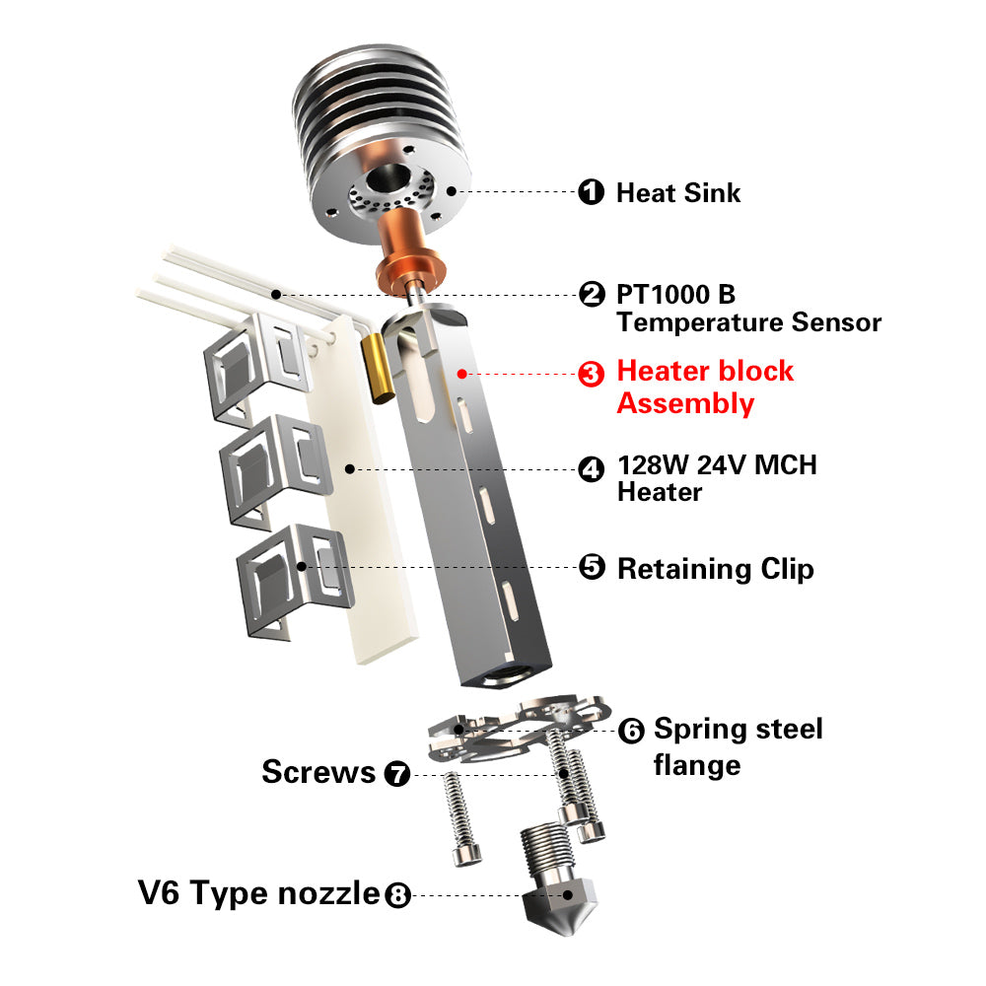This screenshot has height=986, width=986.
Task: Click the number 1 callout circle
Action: [591, 192]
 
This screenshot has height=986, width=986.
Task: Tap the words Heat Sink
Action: [678, 192]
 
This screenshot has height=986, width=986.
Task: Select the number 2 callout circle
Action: [591, 294]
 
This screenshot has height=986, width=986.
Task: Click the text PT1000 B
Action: [676, 294]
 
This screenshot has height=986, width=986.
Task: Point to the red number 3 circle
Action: [591, 374]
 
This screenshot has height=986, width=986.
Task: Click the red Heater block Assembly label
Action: [705, 387]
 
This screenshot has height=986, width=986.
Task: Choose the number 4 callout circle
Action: [591, 469]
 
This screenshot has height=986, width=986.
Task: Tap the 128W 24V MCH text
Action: [718, 465]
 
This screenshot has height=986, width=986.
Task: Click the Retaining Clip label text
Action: [716, 569]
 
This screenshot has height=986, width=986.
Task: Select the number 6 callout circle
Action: [631, 731]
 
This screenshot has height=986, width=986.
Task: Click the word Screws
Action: [318, 772]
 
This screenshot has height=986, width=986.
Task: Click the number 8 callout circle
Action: [397, 895]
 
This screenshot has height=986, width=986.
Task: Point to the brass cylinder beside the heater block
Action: [378, 368]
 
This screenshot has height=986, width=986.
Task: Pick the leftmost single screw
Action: [461, 818]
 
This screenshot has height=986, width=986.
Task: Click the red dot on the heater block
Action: [462, 374]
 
